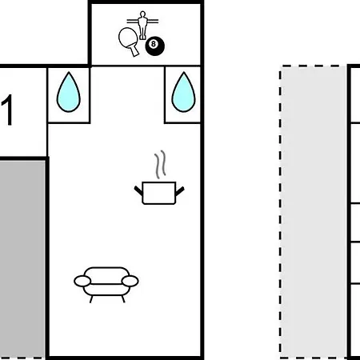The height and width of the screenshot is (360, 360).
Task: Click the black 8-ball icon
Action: [x=154, y=46]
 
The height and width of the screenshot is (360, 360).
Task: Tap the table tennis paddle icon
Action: [x=129, y=40]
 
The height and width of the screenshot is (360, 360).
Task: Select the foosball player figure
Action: [x=142, y=25]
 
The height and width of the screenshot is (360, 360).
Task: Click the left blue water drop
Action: [x=69, y=92]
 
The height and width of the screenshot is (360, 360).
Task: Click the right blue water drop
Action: [x=183, y=92]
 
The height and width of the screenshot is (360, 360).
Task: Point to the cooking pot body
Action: [x=159, y=193]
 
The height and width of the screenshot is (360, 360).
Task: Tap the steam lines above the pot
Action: [x=160, y=165]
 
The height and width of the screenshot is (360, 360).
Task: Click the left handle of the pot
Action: [x=138, y=190]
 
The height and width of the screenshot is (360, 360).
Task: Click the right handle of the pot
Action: [x=180, y=191]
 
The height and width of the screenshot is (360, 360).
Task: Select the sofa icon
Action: [x=106, y=284]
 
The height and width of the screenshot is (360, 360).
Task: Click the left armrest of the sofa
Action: [x=82, y=282]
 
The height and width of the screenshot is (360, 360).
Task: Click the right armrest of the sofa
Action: [x=130, y=282]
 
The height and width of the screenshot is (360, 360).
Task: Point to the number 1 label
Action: [x=7, y=110]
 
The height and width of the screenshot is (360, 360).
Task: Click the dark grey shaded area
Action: [x=22, y=258]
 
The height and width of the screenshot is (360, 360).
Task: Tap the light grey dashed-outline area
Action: [x=314, y=212]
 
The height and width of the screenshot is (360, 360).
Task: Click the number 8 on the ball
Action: [x=153, y=44]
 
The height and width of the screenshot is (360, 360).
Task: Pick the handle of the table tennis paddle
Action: [x=134, y=50]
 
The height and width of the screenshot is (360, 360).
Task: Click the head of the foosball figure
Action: [x=142, y=14]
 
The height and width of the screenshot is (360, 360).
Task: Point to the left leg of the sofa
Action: [x=91, y=299]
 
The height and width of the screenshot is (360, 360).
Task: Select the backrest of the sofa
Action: [x=106, y=271]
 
